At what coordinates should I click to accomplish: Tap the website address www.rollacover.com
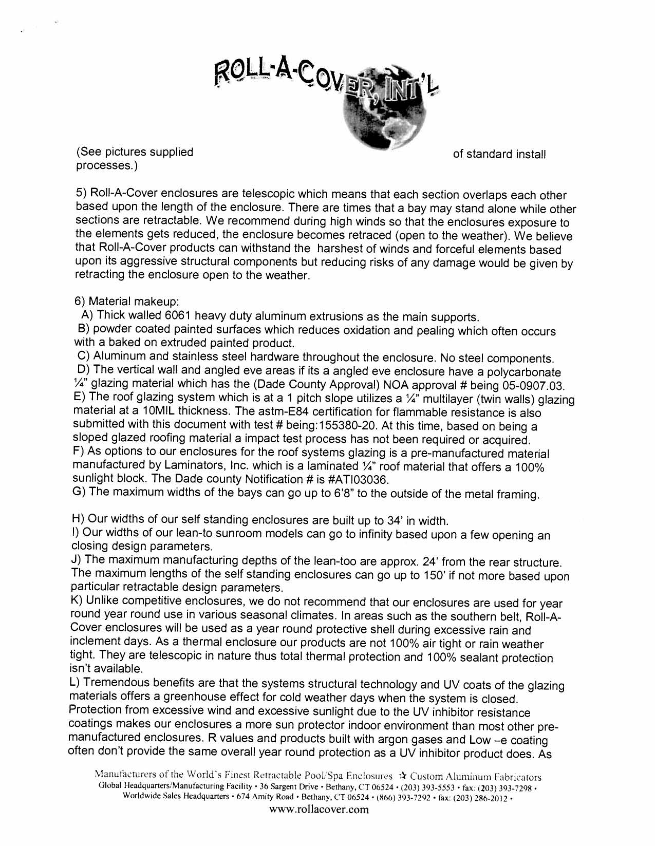[x=319, y=810]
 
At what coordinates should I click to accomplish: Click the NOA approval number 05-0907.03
[x=527, y=386]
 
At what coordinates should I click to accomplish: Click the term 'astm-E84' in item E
[x=298, y=412]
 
